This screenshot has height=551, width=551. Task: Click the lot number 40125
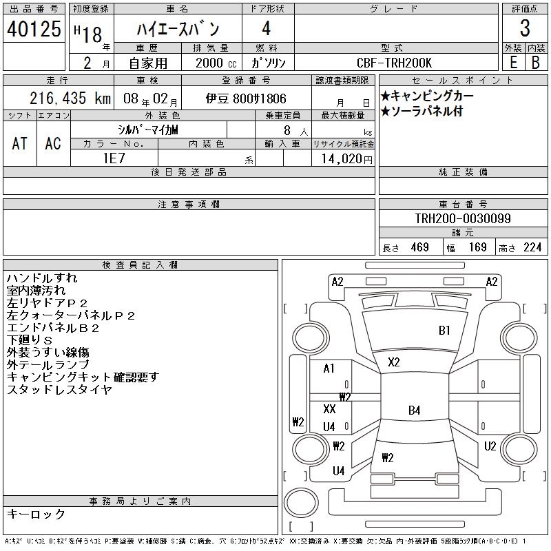click(x=32, y=29)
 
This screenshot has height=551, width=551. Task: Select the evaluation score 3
click(x=524, y=29)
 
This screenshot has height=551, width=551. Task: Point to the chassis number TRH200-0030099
click(x=463, y=218)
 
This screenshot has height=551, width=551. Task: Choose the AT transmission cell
click(x=19, y=143)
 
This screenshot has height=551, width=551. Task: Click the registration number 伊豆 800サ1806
click(x=246, y=98)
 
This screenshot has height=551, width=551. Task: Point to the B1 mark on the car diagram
click(x=444, y=331)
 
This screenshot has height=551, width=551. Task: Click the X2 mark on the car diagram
click(x=394, y=362)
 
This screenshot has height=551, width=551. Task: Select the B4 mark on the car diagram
click(x=414, y=410)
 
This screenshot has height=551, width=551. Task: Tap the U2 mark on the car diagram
click(x=490, y=446)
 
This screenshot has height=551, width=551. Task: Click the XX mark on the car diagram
click(x=329, y=409)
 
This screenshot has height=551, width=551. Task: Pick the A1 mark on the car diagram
click(x=329, y=368)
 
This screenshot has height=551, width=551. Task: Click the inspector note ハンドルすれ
click(x=42, y=278)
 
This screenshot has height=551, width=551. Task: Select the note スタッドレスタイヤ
click(x=59, y=389)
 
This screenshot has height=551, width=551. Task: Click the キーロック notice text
click(x=37, y=514)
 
